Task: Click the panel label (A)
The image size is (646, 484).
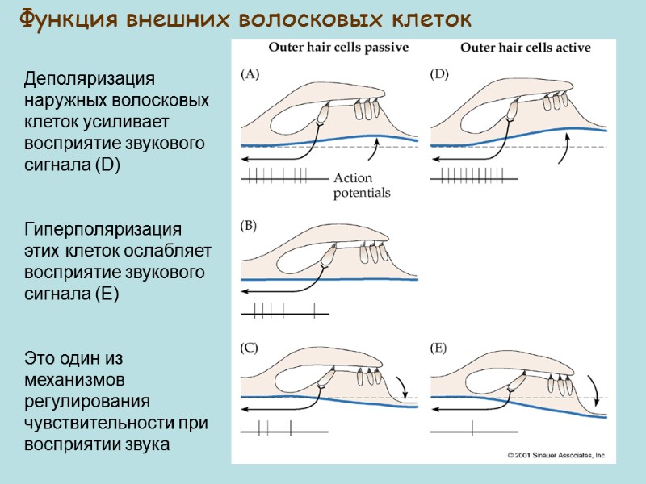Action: coord(250,75)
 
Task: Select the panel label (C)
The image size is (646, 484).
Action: coord(250,348)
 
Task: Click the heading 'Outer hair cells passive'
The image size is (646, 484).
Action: coord(338,47)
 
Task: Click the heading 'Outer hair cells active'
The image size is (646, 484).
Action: coord(526,48)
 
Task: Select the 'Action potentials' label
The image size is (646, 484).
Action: coord(361,186)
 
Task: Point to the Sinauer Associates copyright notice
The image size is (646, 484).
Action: coord(556,456)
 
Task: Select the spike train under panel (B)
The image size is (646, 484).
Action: coord(283,308)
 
